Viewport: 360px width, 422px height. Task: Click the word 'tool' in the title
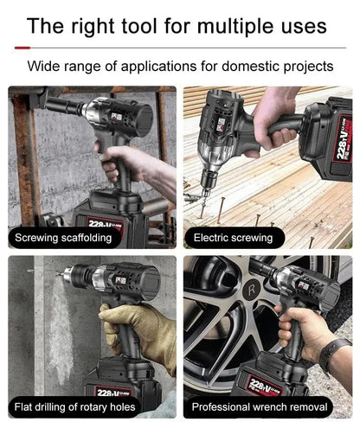(x=138, y=25)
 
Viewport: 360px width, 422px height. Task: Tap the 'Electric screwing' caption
(x=233, y=236)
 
